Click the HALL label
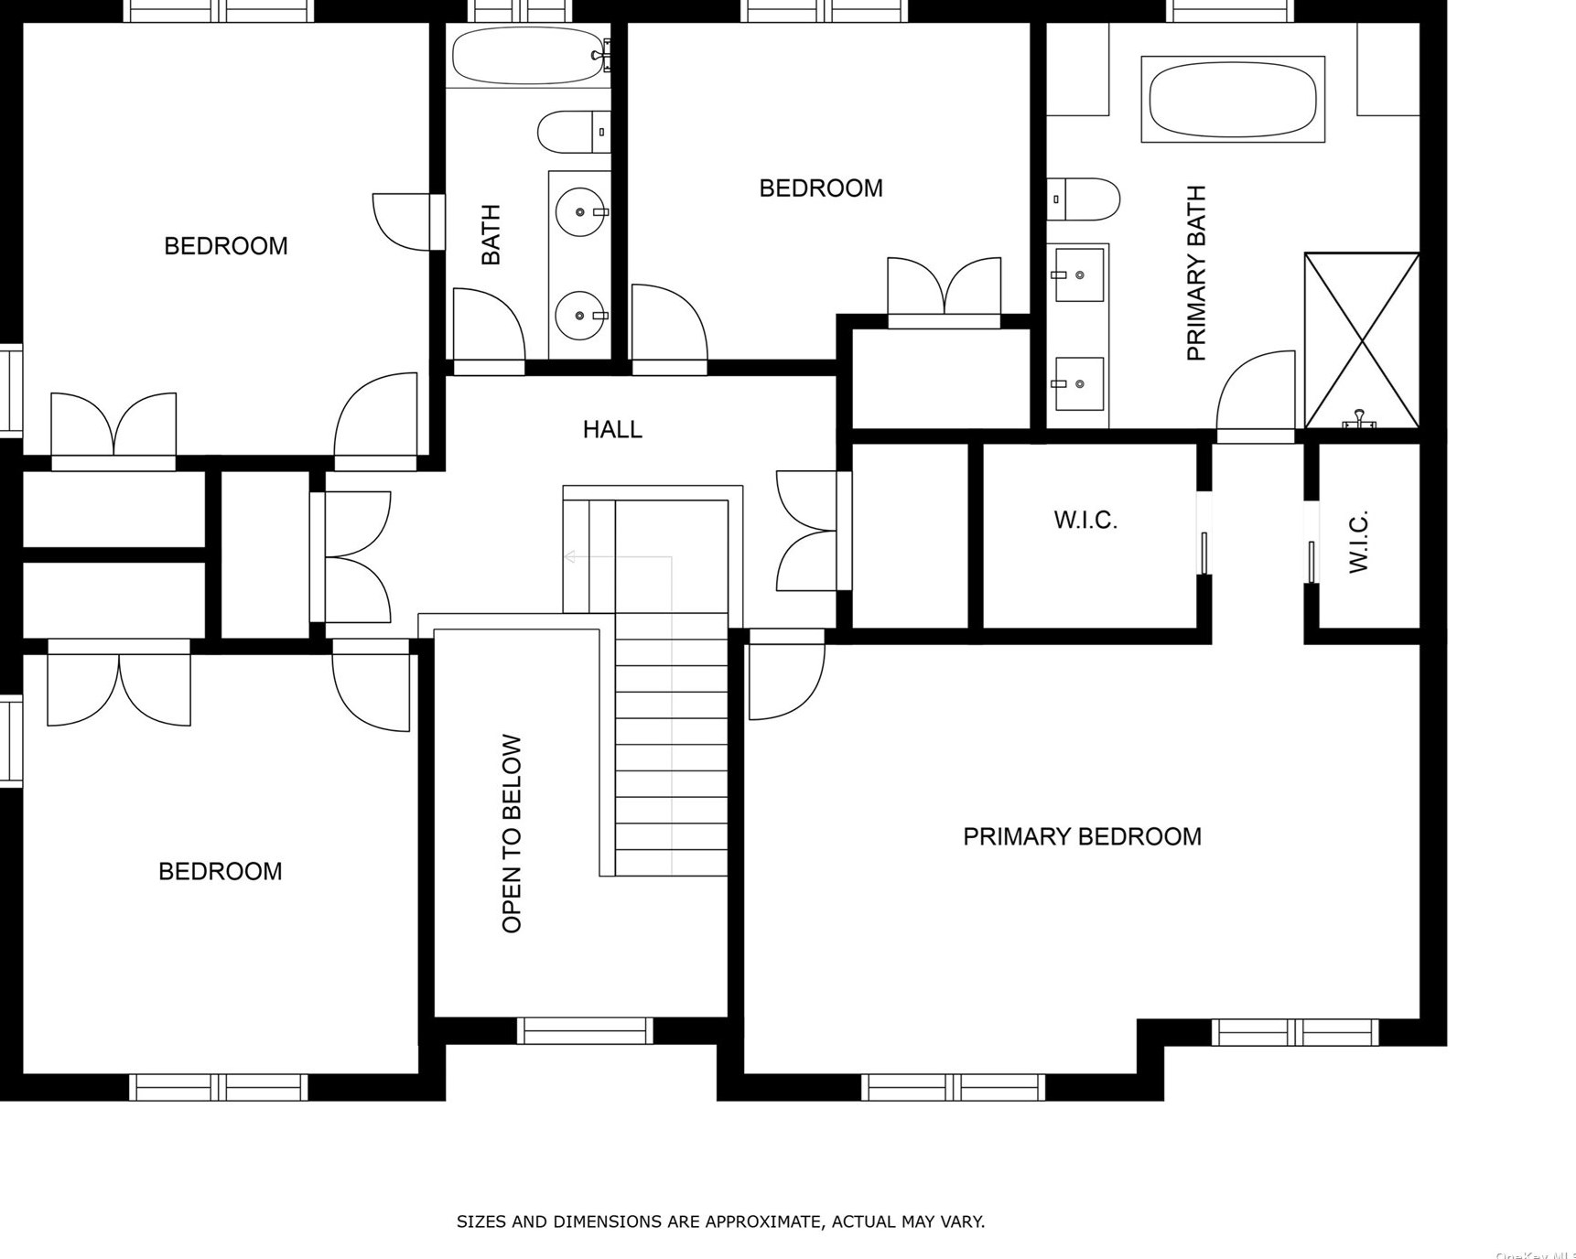click(x=612, y=429)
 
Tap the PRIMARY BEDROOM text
click(x=1082, y=836)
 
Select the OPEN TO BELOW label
click(x=512, y=834)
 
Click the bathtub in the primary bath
click(x=1233, y=99)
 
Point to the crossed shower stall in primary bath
click(x=1362, y=340)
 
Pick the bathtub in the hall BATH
click(x=529, y=55)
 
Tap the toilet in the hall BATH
click(x=571, y=132)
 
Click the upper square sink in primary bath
click(x=1079, y=274)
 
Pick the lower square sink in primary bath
click(x=1079, y=383)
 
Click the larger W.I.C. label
click(x=1085, y=521)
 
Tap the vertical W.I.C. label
click(x=1359, y=542)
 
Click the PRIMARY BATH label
click(x=1196, y=273)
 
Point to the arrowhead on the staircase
click(x=569, y=556)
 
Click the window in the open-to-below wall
click(x=585, y=1030)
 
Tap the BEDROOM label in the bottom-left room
click(x=221, y=871)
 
